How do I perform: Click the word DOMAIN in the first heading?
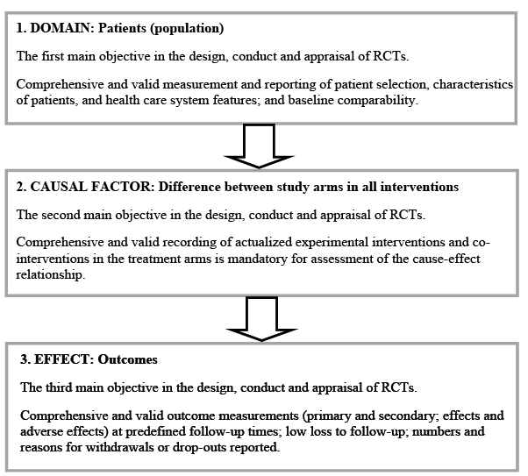click(61, 28)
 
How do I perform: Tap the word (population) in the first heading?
click(187, 29)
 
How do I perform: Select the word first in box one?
click(53, 56)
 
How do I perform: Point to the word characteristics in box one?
click(473, 84)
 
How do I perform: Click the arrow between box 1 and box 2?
click(259, 146)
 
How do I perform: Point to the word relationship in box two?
click(49, 275)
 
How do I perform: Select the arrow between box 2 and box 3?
click(261, 319)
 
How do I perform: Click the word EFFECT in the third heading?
click(64, 359)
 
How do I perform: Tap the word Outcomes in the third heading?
click(127, 359)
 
